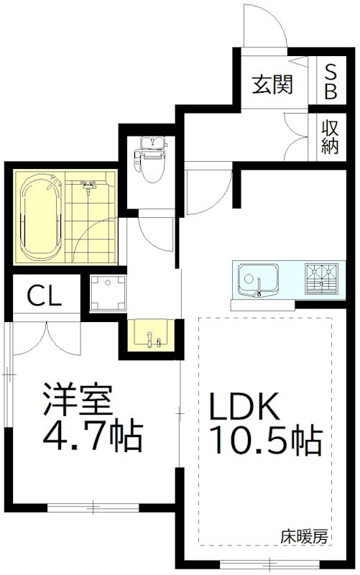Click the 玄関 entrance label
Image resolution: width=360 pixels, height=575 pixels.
tap(272, 85)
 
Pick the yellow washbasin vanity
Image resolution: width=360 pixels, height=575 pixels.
tap(149, 335)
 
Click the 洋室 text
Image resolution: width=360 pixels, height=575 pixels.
tap(78, 400)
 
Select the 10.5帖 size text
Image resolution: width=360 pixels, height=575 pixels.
tap(264, 441)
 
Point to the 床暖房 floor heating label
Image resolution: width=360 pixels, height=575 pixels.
tap(304, 535)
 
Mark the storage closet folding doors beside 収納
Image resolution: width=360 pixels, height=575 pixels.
tap(298, 137)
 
